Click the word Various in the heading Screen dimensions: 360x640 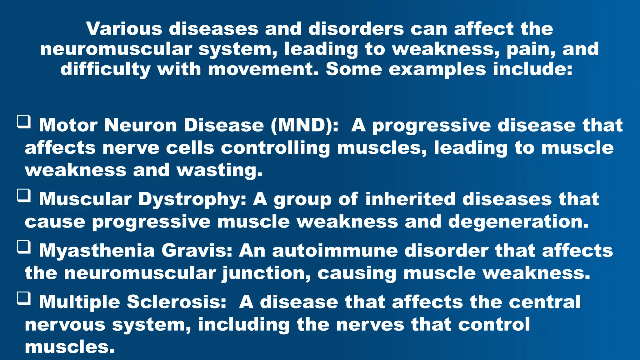(124, 29)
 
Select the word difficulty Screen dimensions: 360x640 (105, 69)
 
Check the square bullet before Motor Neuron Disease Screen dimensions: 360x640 (24, 122)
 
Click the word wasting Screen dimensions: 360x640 (219, 171)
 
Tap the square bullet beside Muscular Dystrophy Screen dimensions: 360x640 (24, 196)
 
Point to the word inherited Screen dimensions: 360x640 (410, 199)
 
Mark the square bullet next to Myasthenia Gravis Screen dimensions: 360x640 (24, 247)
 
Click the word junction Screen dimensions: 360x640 (266, 273)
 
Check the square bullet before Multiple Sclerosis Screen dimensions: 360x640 (24, 298)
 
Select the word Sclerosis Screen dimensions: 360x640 (177, 302)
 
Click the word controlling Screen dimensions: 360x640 (275, 148)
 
